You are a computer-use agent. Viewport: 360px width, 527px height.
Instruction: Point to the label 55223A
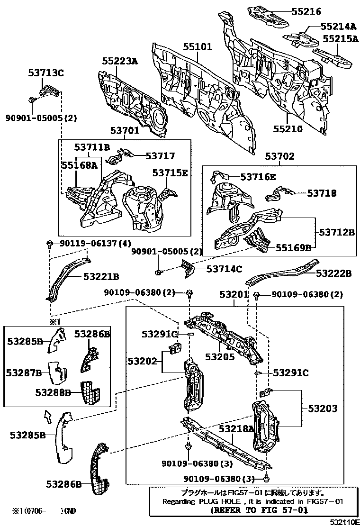tap(120, 61)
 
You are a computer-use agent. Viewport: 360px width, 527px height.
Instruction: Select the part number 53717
tap(160, 155)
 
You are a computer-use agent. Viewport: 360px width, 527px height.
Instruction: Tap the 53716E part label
tap(258, 177)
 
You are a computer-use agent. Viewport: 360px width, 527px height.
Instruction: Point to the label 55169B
tap(294, 247)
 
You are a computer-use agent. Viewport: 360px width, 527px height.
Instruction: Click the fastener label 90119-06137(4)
tap(94, 244)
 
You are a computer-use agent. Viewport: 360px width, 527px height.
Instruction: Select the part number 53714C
tap(224, 269)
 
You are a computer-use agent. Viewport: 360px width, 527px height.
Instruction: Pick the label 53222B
tap(333, 273)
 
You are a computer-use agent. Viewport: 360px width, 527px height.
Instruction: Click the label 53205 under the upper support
tap(220, 357)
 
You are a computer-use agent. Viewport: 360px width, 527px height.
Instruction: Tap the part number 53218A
tap(236, 428)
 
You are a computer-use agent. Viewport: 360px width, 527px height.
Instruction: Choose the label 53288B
tap(53, 392)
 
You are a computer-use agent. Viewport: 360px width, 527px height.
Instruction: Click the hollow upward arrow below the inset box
tap(48, 418)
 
